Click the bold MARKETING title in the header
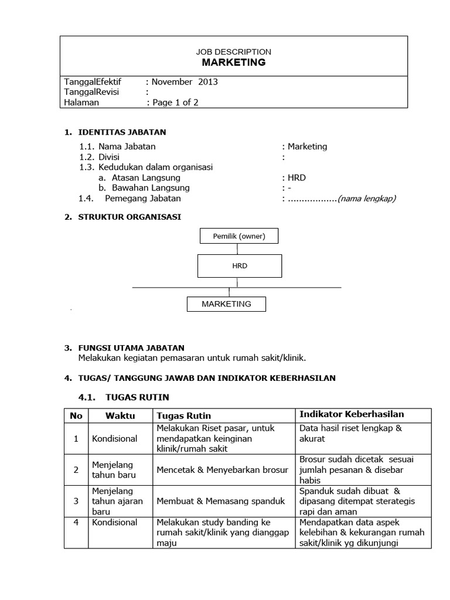[x=234, y=63]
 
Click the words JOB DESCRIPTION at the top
[x=234, y=52]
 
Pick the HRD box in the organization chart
[x=240, y=265]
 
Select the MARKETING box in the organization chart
[x=226, y=304]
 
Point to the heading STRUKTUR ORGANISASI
[x=129, y=217]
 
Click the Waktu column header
[x=120, y=415]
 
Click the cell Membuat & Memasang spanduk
[x=220, y=501]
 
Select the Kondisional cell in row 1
[x=114, y=438]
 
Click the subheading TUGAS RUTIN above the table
[x=137, y=397]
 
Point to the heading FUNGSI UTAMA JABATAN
[x=131, y=348]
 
